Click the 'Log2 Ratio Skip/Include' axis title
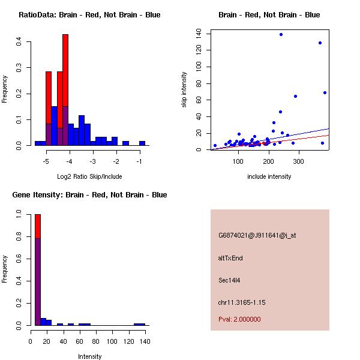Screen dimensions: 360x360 point(89,176)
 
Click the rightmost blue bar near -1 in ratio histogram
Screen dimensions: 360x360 point(142,143)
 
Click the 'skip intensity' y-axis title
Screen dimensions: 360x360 point(185,90)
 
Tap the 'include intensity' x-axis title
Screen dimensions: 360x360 point(269,176)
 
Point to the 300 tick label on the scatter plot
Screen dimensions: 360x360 point(299,161)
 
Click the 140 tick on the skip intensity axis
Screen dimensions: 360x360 point(199,34)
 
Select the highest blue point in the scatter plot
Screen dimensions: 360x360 point(281,35)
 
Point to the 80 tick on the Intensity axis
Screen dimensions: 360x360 point(96,341)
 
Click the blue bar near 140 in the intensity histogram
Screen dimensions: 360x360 point(139,324)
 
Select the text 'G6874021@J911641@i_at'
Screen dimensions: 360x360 point(257,235)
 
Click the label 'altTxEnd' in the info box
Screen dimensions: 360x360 point(230,258)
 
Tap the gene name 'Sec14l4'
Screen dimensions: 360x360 point(229,280)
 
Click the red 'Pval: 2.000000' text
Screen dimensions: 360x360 point(239,319)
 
